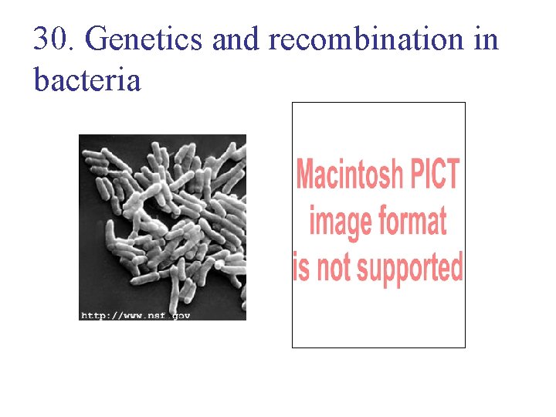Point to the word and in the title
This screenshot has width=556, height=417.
tap(236, 39)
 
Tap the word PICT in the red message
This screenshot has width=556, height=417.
tap(434, 175)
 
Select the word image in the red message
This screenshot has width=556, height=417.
tap(338, 222)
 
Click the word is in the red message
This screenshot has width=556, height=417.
tap(301, 267)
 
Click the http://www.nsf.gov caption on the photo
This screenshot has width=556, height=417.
tap(136, 314)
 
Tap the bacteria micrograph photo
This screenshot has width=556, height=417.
tap(162, 224)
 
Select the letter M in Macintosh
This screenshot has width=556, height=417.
tap(305, 175)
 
